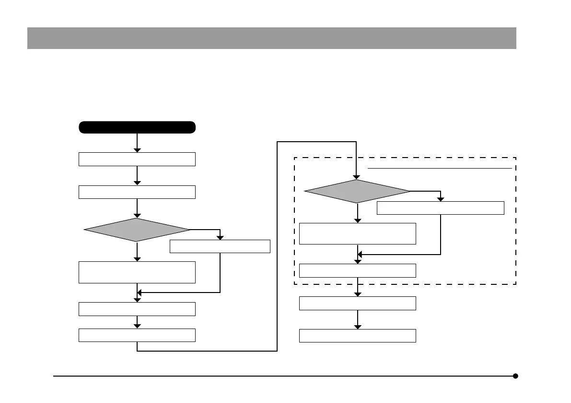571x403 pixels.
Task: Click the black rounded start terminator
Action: pyautogui.click(x=137, y=127)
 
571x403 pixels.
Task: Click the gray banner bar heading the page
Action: pyautogui.click(x=271, y=38)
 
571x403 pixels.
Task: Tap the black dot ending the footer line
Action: pyautogui.click(x=515, y=376)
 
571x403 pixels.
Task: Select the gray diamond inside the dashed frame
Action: pyautogui.click(x=357, y=191)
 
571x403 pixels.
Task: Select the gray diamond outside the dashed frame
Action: pyautogui.click(x=137, y=230)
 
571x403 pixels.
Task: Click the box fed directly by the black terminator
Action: pyautogui.click(x=137, y=159)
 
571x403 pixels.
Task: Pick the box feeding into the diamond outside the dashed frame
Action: pyautogui.click(x=137, y=192)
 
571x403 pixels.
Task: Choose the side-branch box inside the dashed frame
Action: pyautogui.click(x=441, y=208)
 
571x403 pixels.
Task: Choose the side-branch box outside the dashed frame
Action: pyautogui.click(x=220, y=246)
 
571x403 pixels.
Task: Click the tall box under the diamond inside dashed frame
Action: pyautogui.click(x=357, y=233)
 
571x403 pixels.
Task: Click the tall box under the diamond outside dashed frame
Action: pyautogui.click(x=137, y=272)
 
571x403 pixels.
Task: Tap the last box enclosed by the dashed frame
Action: pyautogui.click(x=357, y=270)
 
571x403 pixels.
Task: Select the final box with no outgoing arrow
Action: pyautogui.click(x=357, y=335)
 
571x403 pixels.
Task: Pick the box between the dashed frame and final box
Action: pyautogui.click(x=357, y=303)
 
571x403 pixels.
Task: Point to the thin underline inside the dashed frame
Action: pyautogui.click(x=440, y=169)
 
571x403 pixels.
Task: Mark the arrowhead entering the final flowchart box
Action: pyautogui.click(x=357, y=327)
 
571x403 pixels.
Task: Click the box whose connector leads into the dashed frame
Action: pyautogui.click(x=137, y=335)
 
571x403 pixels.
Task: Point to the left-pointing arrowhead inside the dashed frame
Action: pyautogui.click(x=361, y=255)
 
